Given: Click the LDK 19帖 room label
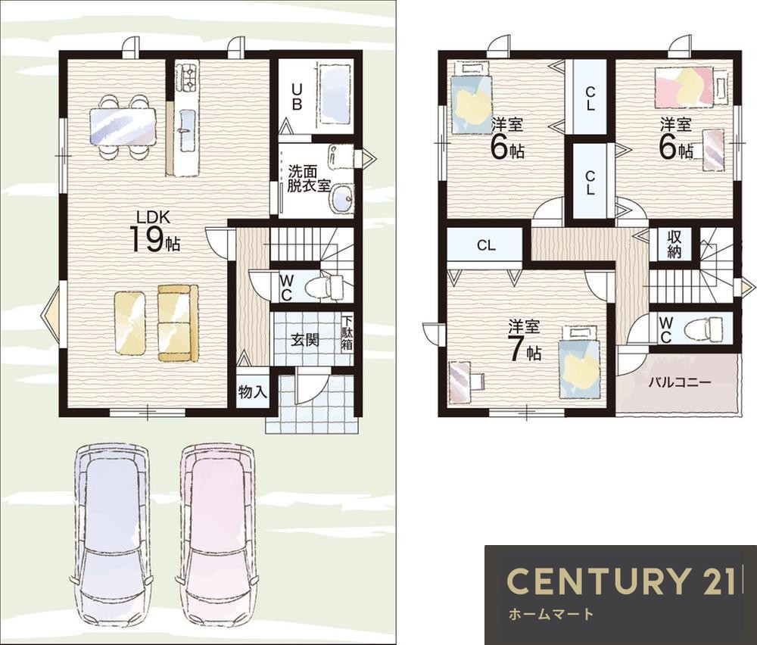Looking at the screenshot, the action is pyautogui.click(x=154, y=232).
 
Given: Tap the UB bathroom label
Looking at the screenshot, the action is pyautogui.click(x=297, y=97).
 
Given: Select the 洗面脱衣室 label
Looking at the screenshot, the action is pyautogui.click(x=308, y=179).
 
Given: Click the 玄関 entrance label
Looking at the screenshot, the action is pyautogui.click(x=305, y=340).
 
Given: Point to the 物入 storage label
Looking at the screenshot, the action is pyautogui.click(x=252, y=392).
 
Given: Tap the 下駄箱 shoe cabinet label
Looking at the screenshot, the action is pyautogui.click(x=347, y=333).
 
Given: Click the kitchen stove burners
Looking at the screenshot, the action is pyautogui.click(x=186, y=78).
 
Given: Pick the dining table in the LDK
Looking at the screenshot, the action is pyautogui.click(x=123, y=126).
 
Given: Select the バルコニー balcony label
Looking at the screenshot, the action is pyautogui.click(x=679, y=383).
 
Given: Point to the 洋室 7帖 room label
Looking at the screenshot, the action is pyautogui.click(x=524, y=341).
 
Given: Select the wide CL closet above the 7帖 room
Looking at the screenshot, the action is pyautogui.click(x=485, y=245).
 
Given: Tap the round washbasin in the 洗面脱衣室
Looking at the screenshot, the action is pyautogui.click(x=342, y=198).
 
